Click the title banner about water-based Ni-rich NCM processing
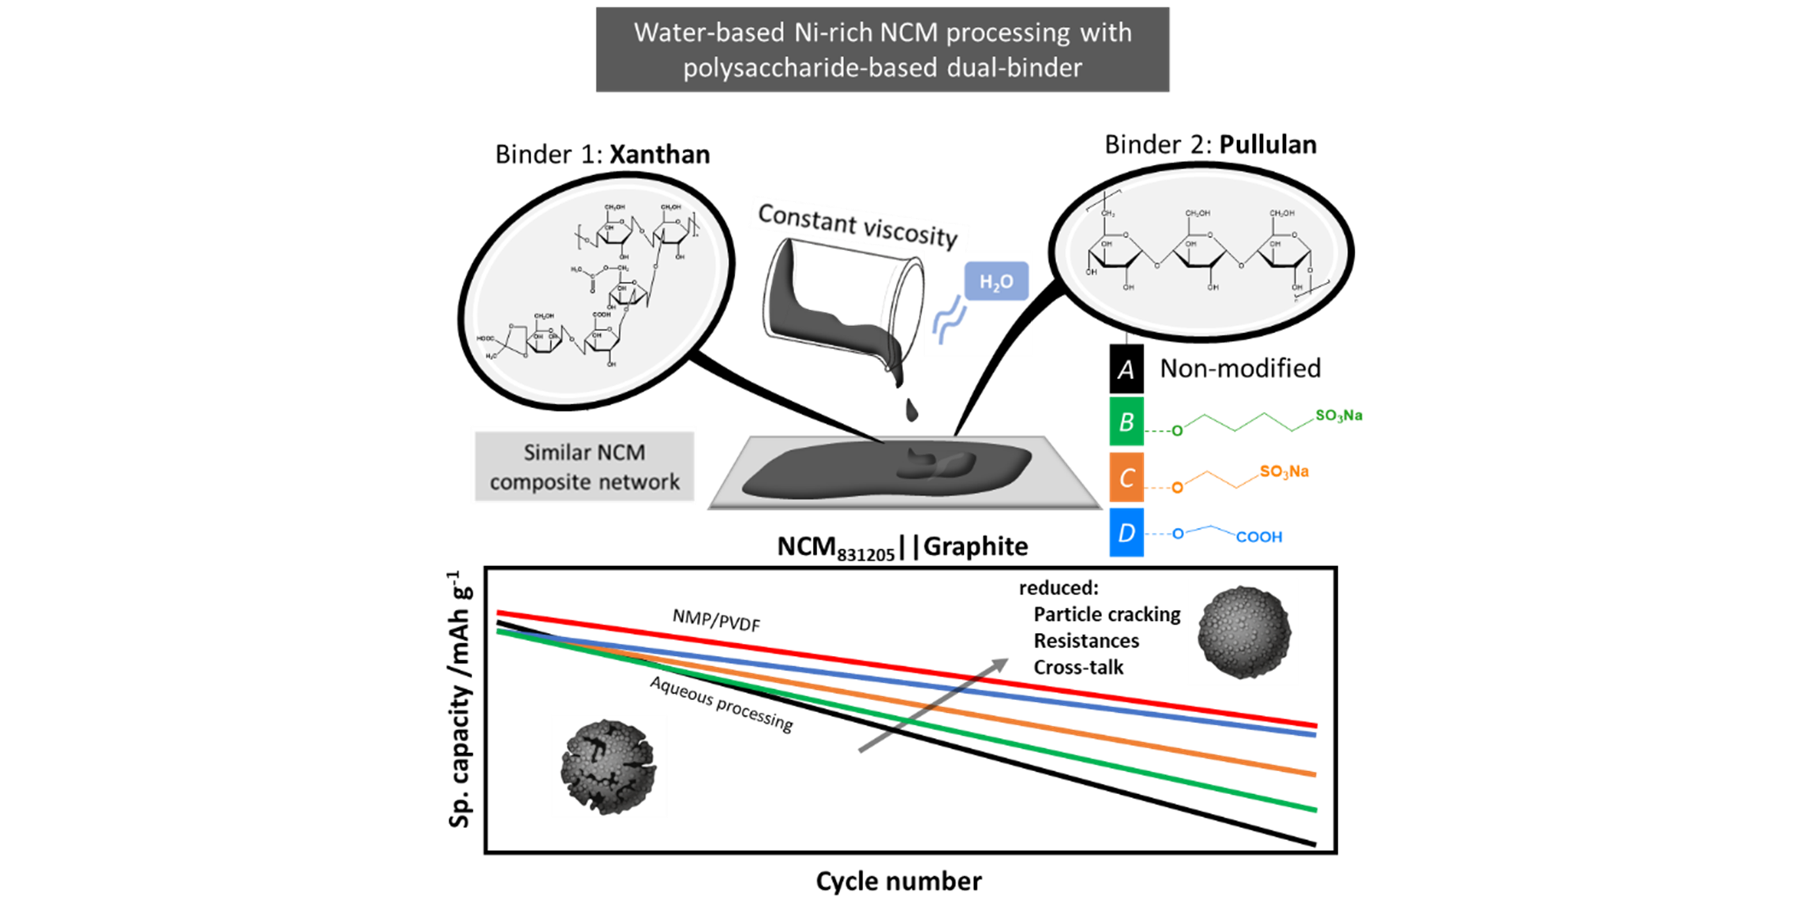tap(882, 50)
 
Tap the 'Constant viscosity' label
tap(858, 224)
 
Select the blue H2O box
tap(996, 282)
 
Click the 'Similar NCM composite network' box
tap(583, 467)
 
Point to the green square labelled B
tap(1126, 422)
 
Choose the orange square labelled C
tap(1126, 478)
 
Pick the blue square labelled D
tap(1126, 533)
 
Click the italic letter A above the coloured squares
tap(1126, 369)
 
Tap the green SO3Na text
tap(1338, 415)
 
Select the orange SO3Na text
tap(1284, 472)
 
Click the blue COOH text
tap(1259, 538)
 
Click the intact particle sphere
tap(1243, 632)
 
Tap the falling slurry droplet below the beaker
tap(911, 410)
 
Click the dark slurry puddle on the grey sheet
tap(884, 471)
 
